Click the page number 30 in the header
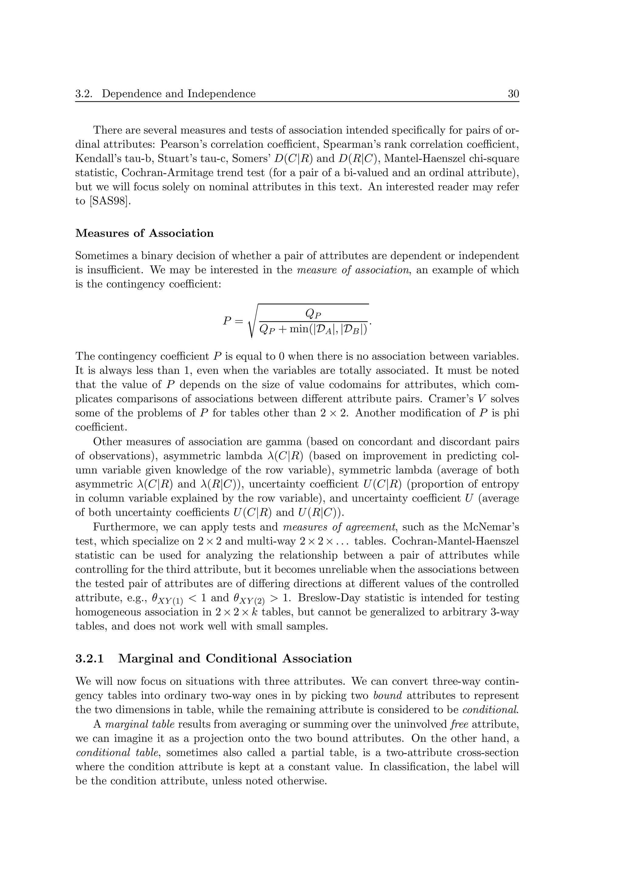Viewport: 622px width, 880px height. [513, 94]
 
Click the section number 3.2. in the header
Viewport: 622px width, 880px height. [84, 94]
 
